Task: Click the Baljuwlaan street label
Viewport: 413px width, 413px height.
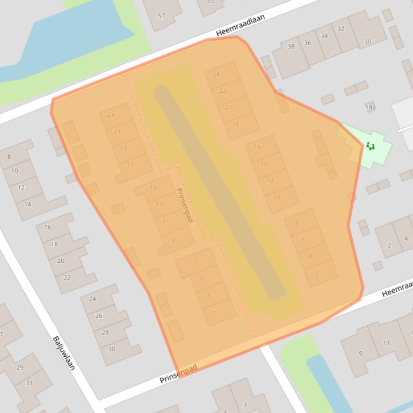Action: (x=63, y=353)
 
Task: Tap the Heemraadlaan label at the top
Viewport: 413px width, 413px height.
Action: (x=241, y=26)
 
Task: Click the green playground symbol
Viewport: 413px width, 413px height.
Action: (x=370, y=146)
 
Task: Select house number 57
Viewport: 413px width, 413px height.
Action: (x=162, y=16)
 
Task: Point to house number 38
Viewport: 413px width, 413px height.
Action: (x=291, y=47)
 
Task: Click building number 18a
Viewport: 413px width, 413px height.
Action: (x=370, y=107)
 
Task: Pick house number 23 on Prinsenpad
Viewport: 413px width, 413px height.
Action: (x=111, y=115)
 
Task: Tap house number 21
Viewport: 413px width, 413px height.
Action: (x=117, y=132)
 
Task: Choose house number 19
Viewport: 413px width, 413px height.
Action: (x=124, y=149)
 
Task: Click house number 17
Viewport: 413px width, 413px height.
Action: (x=130, y=165)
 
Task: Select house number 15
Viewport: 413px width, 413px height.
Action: (x=153, y=187)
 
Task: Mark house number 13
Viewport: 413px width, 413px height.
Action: (x=159, y=204)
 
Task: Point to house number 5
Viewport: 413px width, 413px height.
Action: (x=201, y=279)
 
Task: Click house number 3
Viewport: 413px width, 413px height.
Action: (x=208, y=296)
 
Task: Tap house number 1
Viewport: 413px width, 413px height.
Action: (x=214, y=313)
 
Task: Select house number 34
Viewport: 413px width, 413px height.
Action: (x=324, y=36)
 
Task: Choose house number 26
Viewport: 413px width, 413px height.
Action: (x=98, y=315)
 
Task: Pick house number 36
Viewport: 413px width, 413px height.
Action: (x=307, y=43)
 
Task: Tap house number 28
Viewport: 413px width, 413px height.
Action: (x=105, y=333)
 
